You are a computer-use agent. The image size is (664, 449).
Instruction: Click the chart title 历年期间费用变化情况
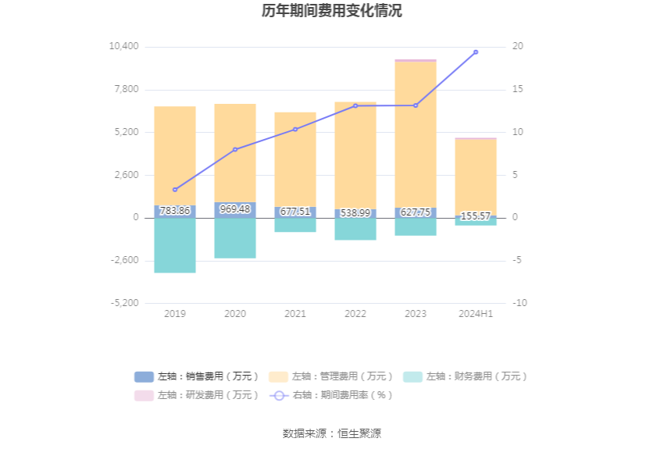click(332, 11)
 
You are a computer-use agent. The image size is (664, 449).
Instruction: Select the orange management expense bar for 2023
click(416, 133)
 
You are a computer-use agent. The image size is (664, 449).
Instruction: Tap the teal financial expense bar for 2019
click(175, 245)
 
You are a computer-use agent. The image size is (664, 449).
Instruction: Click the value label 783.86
click(175, 211)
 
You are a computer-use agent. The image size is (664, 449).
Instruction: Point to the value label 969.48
click(235, 209)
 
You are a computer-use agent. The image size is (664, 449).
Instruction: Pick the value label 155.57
click(476, 216)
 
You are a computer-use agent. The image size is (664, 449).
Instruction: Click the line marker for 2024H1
click(476, 52)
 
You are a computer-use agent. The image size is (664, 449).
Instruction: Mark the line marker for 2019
click(175, 190)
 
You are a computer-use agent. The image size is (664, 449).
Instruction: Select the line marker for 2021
click(295, 129)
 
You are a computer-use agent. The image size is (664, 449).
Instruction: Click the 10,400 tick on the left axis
click(123, 47)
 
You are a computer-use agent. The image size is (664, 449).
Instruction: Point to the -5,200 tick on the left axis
click(123, 303)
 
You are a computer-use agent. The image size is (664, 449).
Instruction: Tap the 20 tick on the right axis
click(517, 47)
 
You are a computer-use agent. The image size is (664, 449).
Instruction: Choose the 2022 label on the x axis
click(355, 314)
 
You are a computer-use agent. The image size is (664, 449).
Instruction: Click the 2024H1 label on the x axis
click(476, 314)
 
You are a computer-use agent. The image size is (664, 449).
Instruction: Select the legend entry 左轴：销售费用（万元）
click(197, 376)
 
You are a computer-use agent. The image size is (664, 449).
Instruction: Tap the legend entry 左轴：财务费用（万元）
click(466, 376)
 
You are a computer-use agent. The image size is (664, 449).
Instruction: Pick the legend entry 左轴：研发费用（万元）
click(197, 395)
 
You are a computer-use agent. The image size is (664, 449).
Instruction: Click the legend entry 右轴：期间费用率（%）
click(331, 395)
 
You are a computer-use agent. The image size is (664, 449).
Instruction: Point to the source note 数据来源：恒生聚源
click(332, 433)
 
